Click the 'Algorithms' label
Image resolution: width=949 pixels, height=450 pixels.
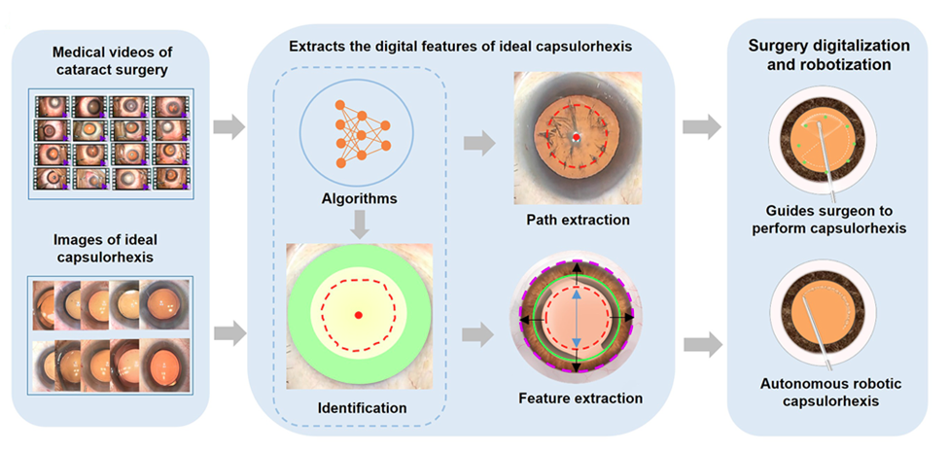coord(360,199)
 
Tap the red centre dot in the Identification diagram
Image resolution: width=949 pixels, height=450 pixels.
coord(359,316)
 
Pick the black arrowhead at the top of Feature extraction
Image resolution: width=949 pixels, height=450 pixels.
coord(575,267)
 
